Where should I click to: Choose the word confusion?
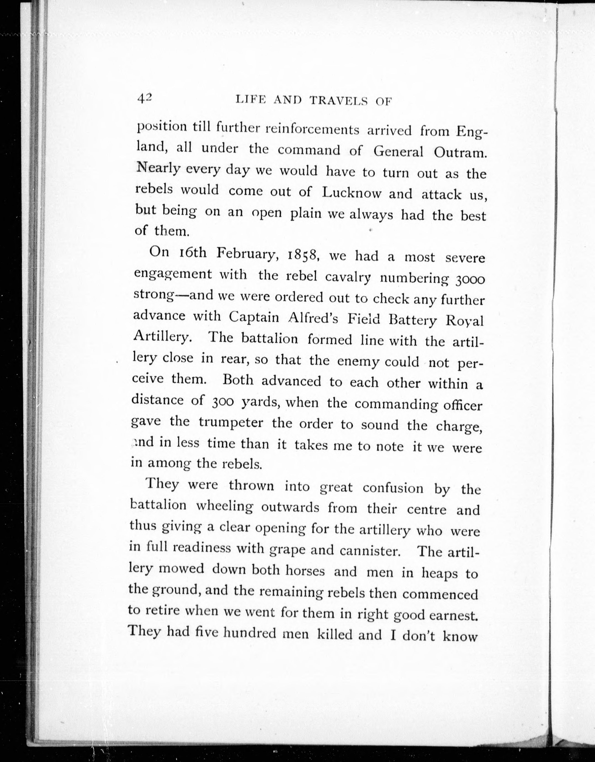[393, 488]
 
